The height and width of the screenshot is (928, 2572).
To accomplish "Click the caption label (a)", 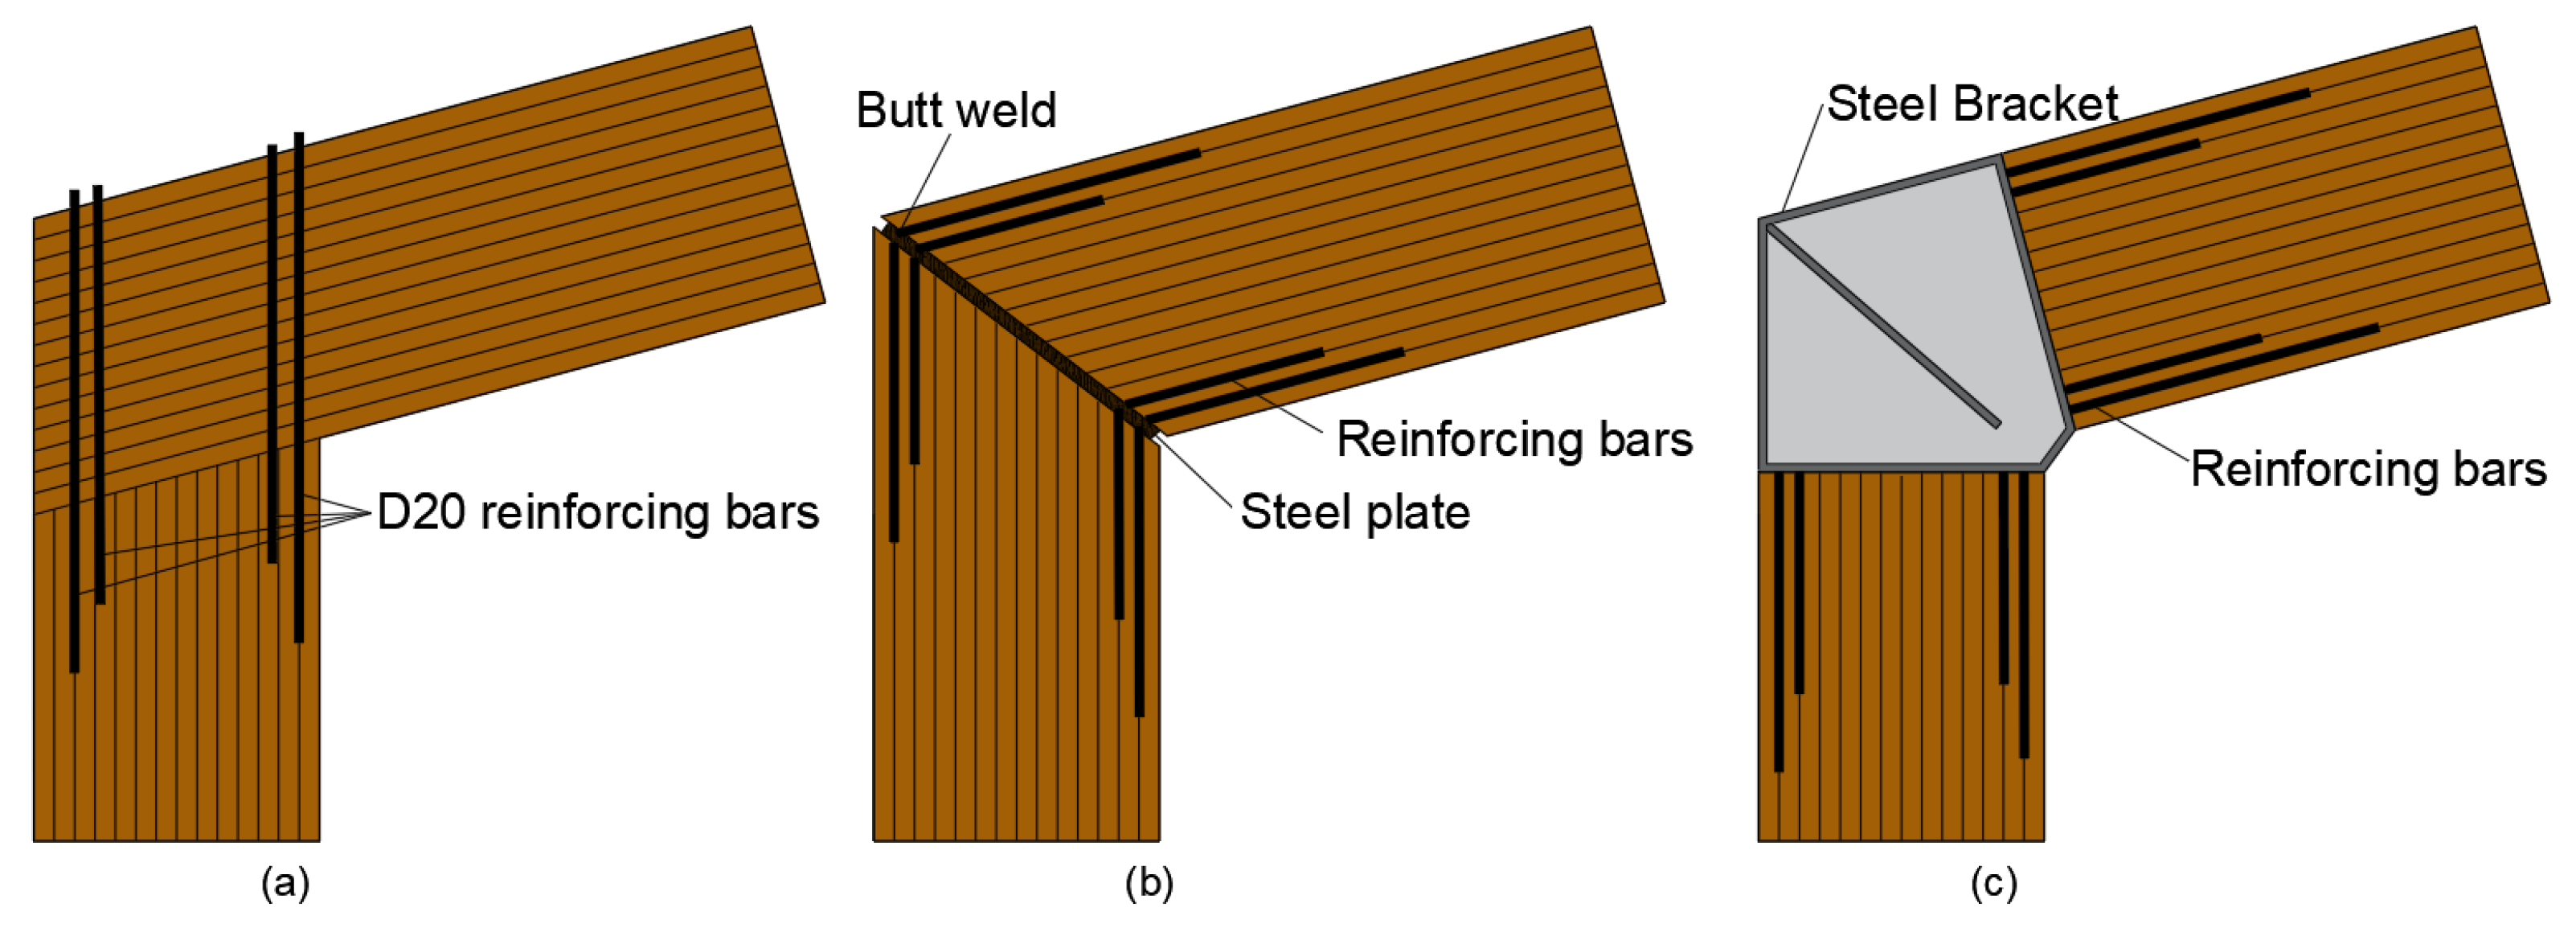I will pyautogui.click(x=285, y=883).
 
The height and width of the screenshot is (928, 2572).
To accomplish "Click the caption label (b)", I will pyautogui.click(x=1149, y=883).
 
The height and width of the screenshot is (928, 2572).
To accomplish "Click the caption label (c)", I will pyautogui.click(x=1994, y=883).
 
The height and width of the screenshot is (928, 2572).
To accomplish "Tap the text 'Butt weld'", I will pyautogui.click(x=956, y=110).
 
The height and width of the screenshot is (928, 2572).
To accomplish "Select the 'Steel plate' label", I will pyautogui.click(x=1355, y=512).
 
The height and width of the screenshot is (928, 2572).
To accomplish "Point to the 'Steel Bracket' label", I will pyautogui.click(x=1972, y=104).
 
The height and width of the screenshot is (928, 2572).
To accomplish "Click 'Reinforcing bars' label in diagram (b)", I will pyautogui.click(x=1514, y=440).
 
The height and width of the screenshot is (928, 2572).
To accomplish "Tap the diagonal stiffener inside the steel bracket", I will pyautogui.click(x=1882, y=325).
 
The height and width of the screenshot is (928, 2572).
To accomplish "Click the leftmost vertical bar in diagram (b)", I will pyautogui.click(x=894, y=400).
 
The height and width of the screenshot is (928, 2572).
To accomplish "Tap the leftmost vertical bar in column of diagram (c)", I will pyautogui.click(x=1778, y=619).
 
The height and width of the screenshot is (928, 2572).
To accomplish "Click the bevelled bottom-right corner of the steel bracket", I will pyautogui.click(x=2058, y=449).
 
